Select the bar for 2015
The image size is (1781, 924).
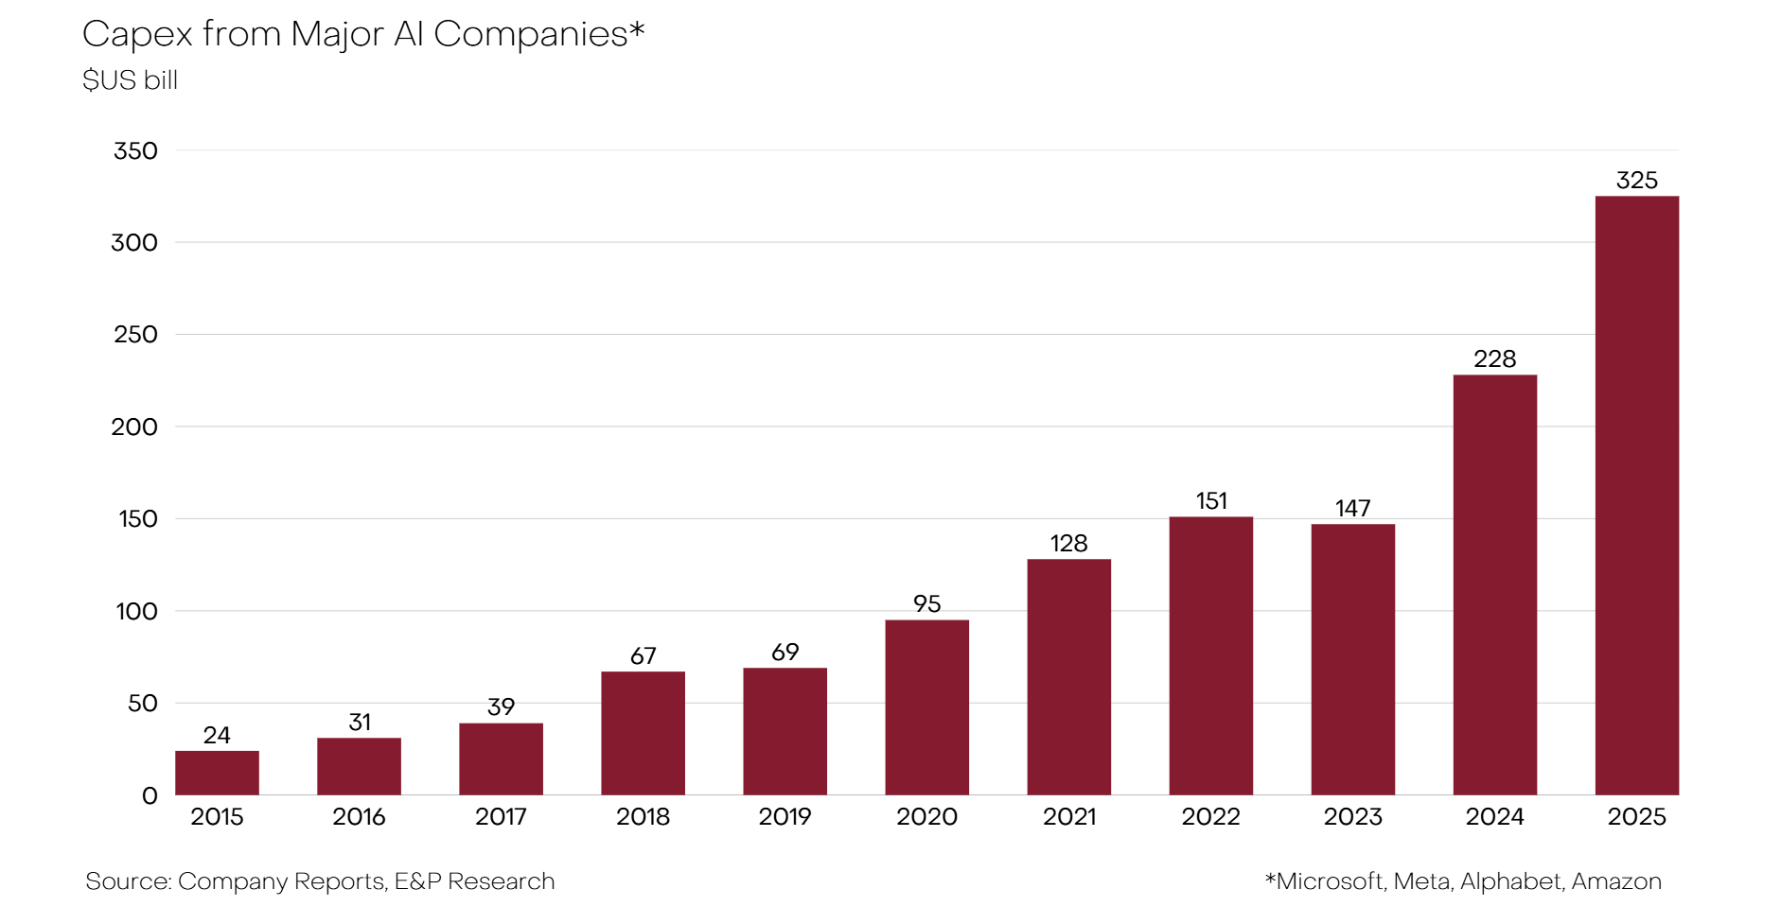217,773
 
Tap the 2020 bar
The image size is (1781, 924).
926,707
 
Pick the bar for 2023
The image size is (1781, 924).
1352,659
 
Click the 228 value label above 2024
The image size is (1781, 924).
1494,359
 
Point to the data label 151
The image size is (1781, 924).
1211,501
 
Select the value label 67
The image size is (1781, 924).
643,656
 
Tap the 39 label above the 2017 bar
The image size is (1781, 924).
501,707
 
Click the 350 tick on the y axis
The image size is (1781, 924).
135,151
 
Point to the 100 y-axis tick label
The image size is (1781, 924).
136,612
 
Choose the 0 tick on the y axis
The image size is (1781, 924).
150,796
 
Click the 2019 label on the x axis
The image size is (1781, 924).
785,817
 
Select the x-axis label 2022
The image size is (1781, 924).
1210,817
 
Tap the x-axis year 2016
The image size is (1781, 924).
359,817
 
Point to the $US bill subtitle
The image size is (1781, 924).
130,80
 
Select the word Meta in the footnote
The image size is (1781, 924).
1421,881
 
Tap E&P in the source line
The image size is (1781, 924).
417,881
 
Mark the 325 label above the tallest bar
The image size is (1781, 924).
1636,181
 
